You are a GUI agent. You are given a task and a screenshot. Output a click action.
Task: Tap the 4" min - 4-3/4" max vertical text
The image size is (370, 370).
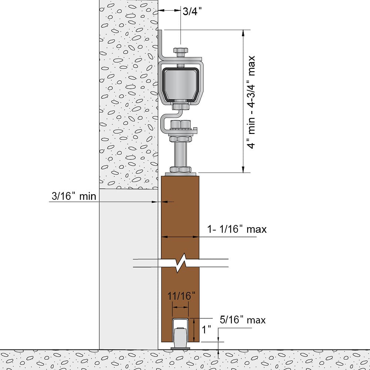(252, 102)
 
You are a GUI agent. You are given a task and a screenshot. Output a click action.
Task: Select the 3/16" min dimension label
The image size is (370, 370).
(74, 196)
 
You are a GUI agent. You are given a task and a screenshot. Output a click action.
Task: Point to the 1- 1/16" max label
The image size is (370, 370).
(237, 229)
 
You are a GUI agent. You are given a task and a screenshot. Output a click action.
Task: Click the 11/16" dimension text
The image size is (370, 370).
(181, 296)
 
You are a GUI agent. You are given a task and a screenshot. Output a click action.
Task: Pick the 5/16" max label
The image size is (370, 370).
(242, 319)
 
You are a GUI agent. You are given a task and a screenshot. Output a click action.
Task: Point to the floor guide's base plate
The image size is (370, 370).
(181, 348)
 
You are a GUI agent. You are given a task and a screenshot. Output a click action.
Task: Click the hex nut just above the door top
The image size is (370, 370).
(181, 169)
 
